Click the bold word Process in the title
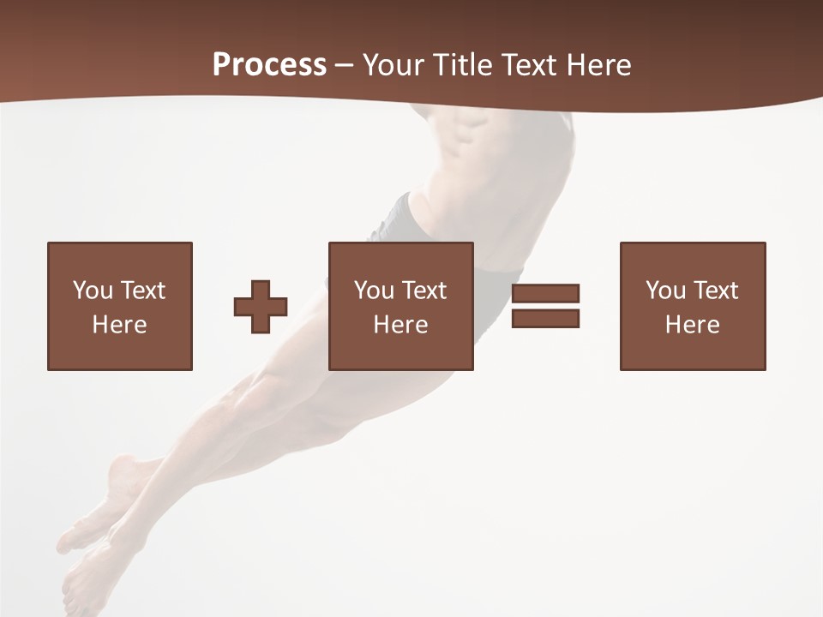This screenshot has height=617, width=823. click(269, 65)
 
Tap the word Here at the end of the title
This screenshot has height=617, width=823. click(598, 65)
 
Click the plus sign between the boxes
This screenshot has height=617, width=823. click(261, 307)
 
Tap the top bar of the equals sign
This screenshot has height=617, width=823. click(545, 294)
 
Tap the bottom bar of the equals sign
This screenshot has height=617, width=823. click(545, 318)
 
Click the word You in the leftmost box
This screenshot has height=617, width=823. click(93, 291)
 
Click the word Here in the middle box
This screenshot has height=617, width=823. click(400, 325)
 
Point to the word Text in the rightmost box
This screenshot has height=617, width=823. click(715, 291)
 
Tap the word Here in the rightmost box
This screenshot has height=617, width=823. click(692, 325)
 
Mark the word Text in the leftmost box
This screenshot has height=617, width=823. click(142, 291)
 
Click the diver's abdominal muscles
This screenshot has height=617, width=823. click(467, 137)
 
